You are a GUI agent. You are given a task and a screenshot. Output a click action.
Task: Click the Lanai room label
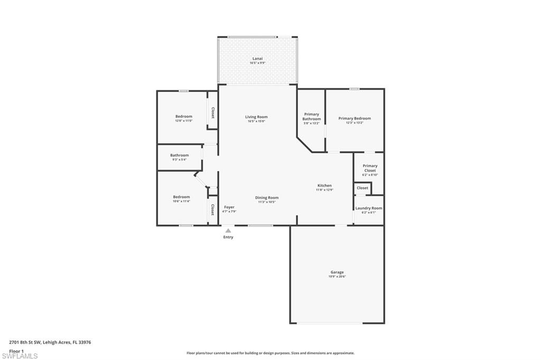pyautogui.click(x=257, y=59)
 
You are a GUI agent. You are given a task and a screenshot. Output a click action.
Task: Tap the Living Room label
pyautogui.click(x=256, y=117)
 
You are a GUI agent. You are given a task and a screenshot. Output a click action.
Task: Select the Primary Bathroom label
pyautogui.click(x=311, y=117)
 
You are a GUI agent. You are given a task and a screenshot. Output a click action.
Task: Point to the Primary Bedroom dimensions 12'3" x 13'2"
pyautogui.click(x=355, y=123)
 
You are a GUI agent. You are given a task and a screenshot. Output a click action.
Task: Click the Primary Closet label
pyautogui.click(x=370, y=168)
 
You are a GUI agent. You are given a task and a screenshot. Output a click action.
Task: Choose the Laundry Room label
pyautogui.click(x=368, y=208)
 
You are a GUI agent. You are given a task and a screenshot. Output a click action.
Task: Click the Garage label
pyautogui.click(x=337, y=272)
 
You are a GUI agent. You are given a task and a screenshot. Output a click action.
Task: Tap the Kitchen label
pyautogui.click(x=324, y=185)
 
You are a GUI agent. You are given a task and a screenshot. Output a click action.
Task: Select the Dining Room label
pyautogui.click(x=267, y=197)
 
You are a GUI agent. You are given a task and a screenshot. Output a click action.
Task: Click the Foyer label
pyautogui.click(x=229, y=207)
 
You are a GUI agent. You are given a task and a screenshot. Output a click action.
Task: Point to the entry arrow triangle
pyautogui.click(x=228, y=230)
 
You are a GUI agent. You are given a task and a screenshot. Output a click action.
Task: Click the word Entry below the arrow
pyautogui.click(x=228, y=237)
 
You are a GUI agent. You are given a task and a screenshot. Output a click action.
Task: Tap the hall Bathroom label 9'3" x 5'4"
pyautogui.click(x=179, y=155)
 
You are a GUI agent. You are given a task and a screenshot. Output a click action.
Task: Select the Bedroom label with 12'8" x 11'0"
pyautogui.click(x=184, y=116)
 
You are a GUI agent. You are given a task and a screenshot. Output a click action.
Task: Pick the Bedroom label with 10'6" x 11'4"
pyautogui.click(x=181, y=197)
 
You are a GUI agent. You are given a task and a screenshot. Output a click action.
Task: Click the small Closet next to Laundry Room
pyautogui.click(x=362, y=188)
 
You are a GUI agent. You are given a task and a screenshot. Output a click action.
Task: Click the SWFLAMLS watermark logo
pyautogui.click(x=20, y=356)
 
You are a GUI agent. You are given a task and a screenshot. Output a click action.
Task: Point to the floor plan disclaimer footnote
pyautogui.click(x=270, y=353)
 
